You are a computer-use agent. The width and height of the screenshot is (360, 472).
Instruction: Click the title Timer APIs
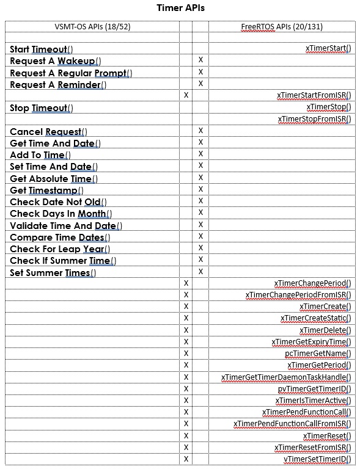180,8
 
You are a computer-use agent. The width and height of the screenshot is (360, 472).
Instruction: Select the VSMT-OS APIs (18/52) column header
92,27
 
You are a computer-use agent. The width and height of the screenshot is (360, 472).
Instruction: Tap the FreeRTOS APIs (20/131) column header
282,27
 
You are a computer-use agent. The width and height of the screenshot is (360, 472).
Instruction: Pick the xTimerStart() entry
328,48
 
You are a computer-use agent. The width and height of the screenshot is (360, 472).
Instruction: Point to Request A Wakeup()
56,61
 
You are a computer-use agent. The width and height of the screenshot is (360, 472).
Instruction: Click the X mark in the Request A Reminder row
200,84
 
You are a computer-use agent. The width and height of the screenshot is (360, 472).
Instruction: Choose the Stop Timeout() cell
42,108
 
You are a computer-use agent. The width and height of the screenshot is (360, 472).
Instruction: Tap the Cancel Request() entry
48,132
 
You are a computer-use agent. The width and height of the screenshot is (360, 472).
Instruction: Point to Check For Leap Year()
60,249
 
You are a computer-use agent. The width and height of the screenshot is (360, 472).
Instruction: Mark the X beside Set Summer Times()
200,272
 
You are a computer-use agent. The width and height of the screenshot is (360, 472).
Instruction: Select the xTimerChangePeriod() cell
313,283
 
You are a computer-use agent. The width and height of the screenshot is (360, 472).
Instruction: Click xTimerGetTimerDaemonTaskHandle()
286,377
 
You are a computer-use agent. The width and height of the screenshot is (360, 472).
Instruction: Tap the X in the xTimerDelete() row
186,330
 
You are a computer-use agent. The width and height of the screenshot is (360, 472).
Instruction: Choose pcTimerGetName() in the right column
318,354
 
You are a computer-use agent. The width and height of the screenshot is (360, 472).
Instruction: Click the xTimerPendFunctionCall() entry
306,412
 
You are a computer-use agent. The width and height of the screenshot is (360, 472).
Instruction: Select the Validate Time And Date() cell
66,226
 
